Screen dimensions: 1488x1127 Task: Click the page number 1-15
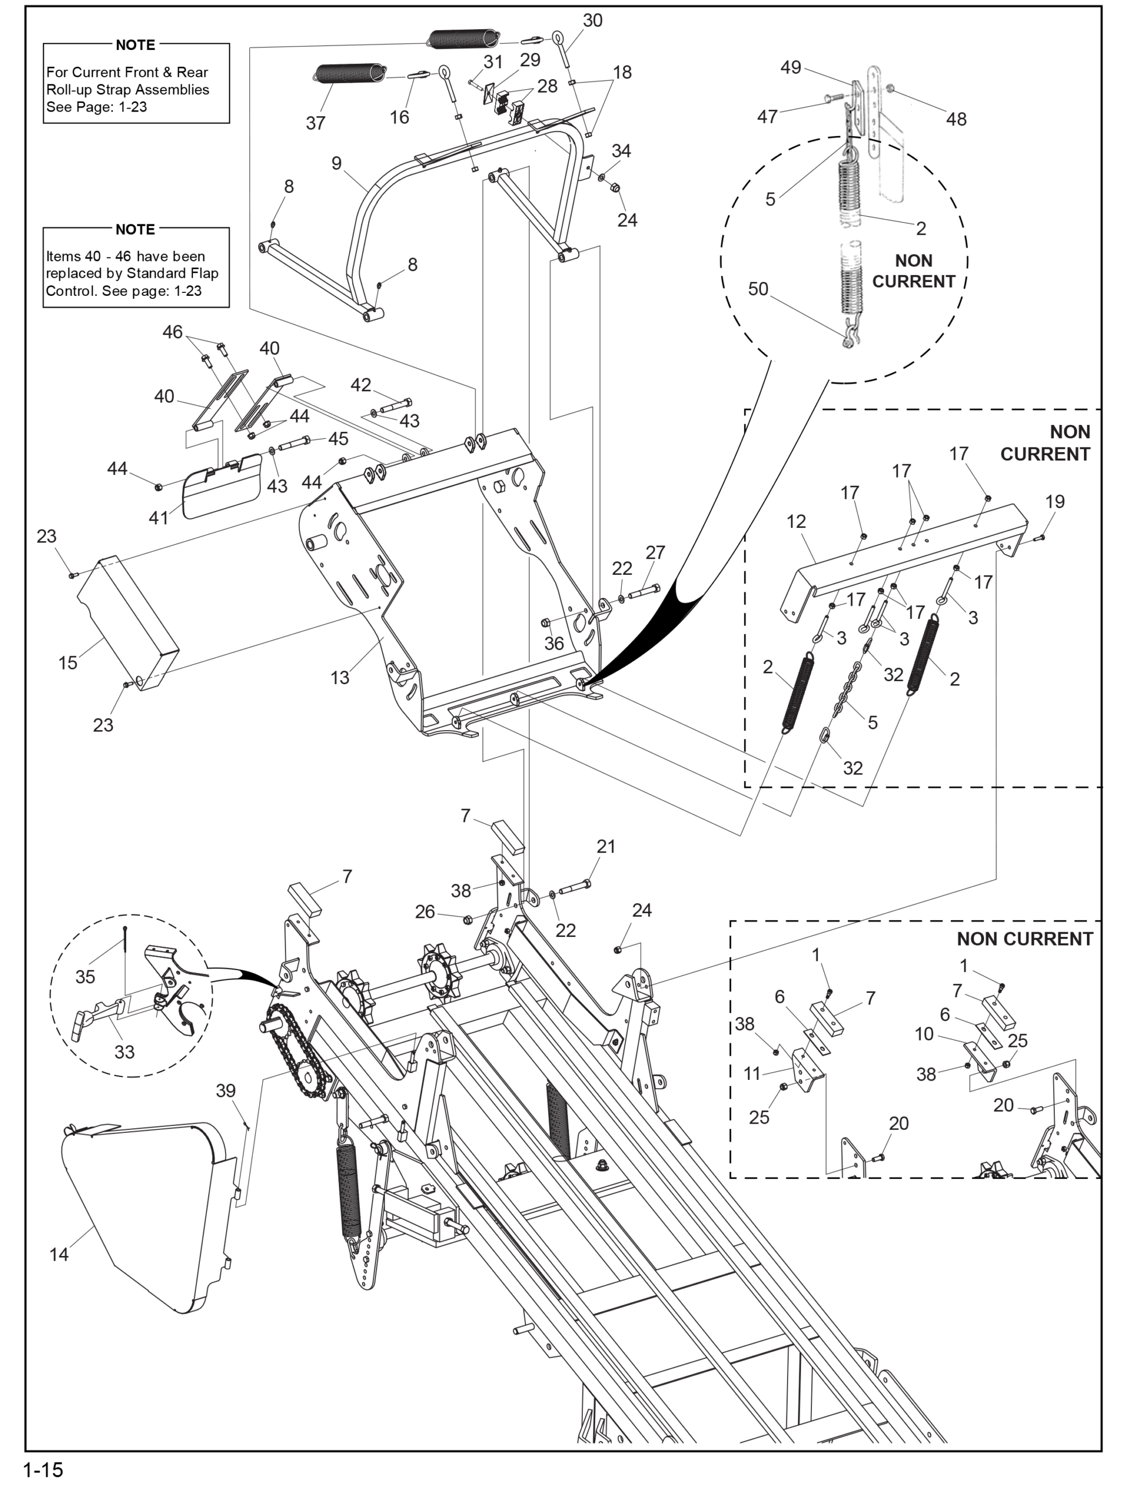(x=43, y=1469)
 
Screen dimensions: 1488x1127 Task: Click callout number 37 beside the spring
(x=316, y=123)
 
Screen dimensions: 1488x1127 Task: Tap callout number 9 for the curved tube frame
(x=337, y=163)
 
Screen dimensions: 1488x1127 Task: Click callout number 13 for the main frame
(x=340, y=677)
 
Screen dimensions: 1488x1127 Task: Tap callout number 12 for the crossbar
(x=796, y=521)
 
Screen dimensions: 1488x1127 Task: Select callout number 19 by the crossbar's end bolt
(x=1055, y=501)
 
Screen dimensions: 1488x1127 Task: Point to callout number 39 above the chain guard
(x=226, y=1090)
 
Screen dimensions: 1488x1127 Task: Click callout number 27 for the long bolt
(x=654, y=552)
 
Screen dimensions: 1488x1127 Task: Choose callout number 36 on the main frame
(x=554, y=643)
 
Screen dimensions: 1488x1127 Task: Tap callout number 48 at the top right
(x=956, y=119)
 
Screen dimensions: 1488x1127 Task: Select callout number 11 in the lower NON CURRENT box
(x=752, y=1074)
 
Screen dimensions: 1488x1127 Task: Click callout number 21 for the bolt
(x=606, y=846)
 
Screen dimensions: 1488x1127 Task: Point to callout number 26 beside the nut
(x=424, y=911)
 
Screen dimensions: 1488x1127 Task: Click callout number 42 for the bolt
(x=360, y=385)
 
